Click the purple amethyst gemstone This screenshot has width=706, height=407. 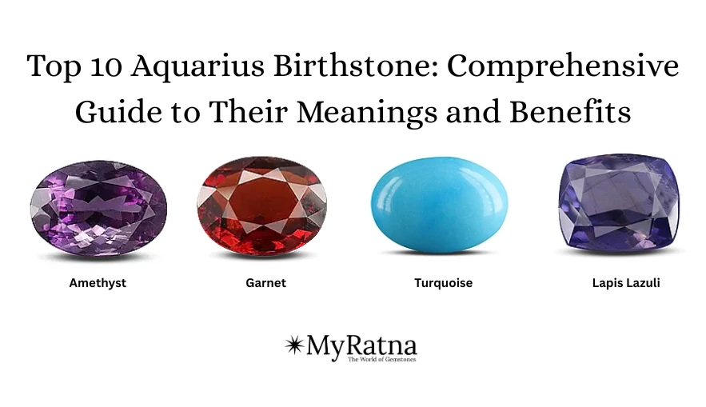tap(98, 207)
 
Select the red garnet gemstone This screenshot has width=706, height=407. tap(262, 208)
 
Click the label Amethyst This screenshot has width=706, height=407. tap(98, 283)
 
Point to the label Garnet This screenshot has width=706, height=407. tap(266, 283)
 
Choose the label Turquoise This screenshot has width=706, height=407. tap(443, 283)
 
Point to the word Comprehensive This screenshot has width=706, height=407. tap(562, 66)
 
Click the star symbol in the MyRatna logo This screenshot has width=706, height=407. tap(294, 345)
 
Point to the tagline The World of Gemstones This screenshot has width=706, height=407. tap(381, 360)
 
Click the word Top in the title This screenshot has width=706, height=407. tap(50, 66)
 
